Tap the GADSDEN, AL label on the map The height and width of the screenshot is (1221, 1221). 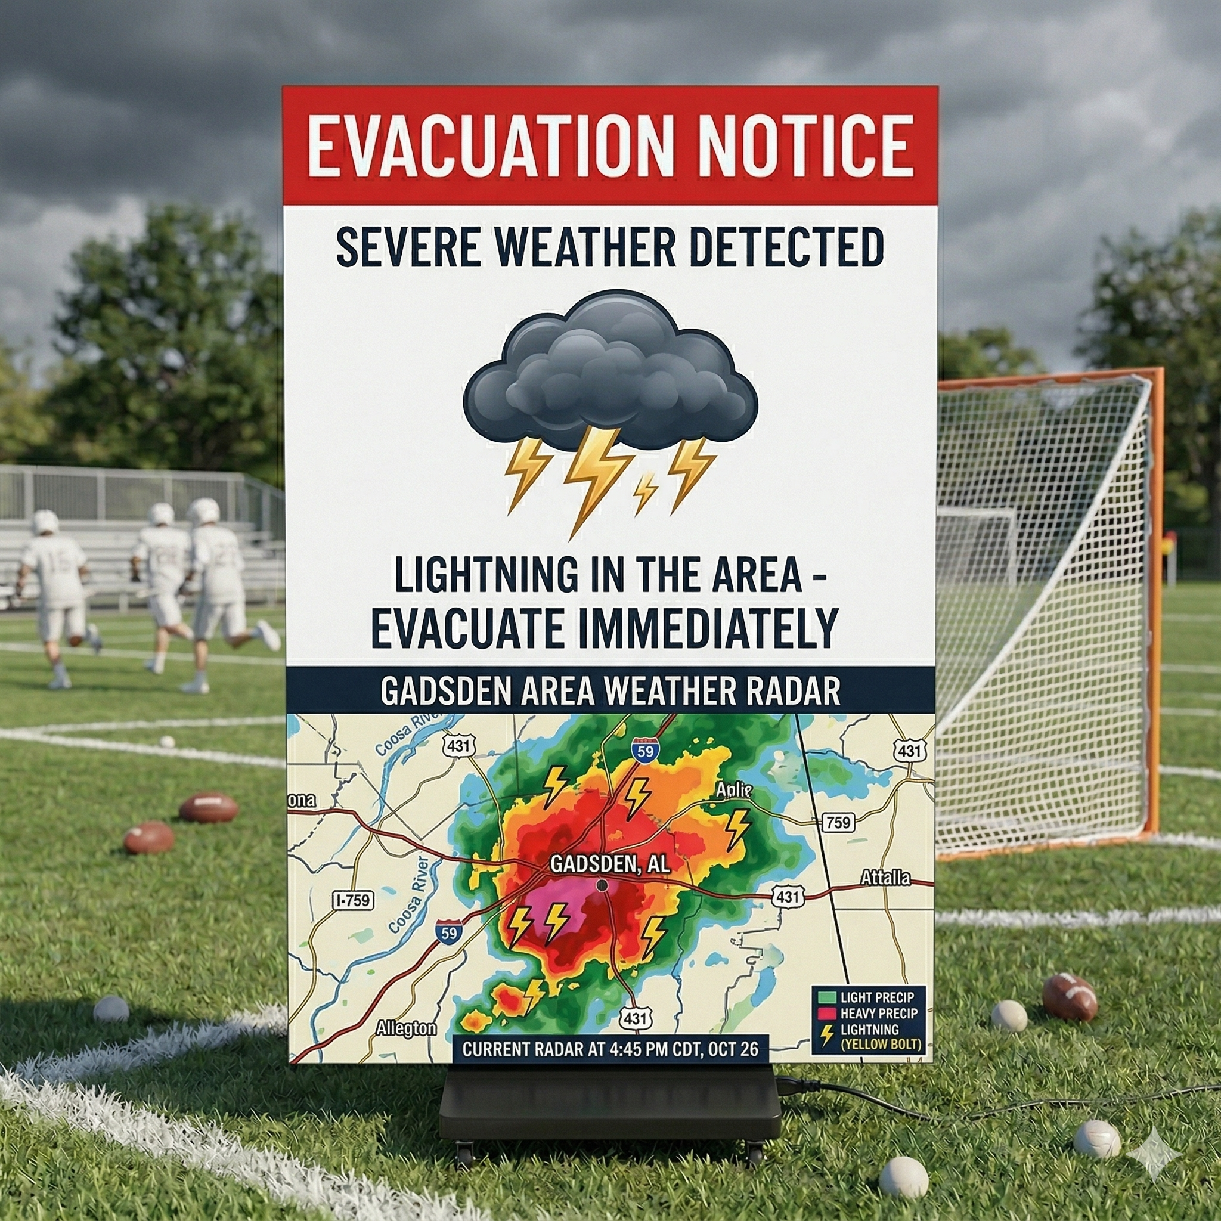[609, 864]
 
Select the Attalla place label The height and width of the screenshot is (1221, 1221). [885, 878]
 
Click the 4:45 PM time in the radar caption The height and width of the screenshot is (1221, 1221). [639, 1049]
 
